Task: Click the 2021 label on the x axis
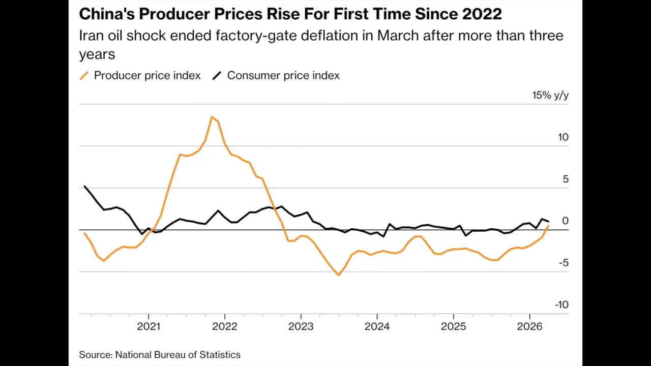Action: (148, 326)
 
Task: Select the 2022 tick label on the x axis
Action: (224, 326)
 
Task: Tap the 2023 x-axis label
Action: (301, 326)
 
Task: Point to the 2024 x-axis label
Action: (377, 326)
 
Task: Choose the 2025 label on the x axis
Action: (453, 326)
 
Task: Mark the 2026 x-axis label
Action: (529, 326)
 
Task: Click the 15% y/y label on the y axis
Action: (550, 96)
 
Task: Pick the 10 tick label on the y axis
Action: (563, 137)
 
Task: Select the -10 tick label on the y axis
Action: (561, 305)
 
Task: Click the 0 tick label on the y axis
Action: (565, 221)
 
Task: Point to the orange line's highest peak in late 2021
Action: (212, 117)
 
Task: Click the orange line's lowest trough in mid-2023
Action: (339, 275)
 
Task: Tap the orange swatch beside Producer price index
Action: (84, 76)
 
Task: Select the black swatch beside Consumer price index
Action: (217, 76)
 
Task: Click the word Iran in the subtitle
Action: (91, 36)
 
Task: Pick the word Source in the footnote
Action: (95, 355)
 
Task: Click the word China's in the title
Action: (106, 14)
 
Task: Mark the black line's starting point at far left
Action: (84, 187)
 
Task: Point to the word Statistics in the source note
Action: (220, 355)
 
